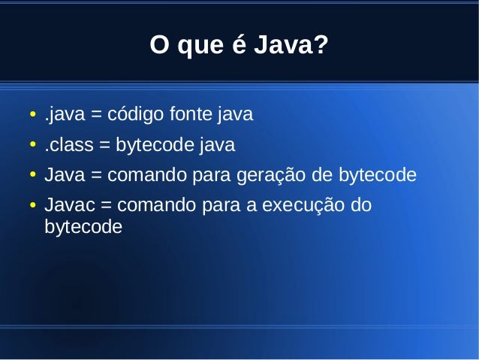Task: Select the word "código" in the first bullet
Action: (x=135, y=116)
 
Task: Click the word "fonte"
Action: (x=191, y=116)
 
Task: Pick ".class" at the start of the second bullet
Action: (x=65, y=145)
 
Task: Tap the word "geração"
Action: (x=267, y=176)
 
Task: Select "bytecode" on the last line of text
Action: (x=83, y=226)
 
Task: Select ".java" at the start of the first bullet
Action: (x=64, y=116)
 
